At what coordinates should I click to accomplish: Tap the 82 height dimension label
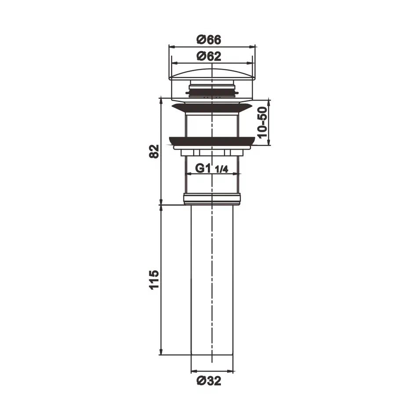153,152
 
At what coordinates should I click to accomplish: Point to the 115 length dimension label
153,280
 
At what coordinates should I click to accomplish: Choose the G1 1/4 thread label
212,168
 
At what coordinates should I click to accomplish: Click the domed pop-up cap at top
212,72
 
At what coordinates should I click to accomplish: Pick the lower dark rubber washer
212,141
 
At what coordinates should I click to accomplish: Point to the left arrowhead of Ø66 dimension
172,45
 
